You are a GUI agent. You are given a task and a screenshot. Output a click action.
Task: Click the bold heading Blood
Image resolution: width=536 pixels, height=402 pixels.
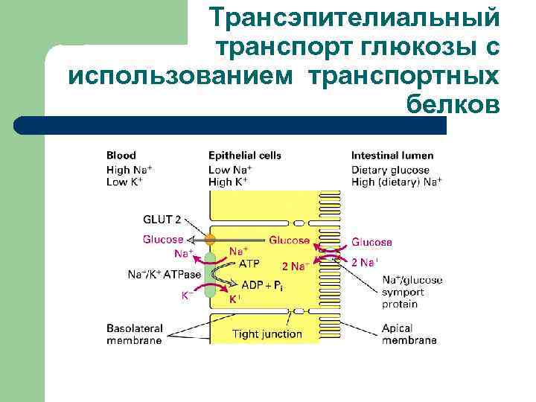[x=121, y=156]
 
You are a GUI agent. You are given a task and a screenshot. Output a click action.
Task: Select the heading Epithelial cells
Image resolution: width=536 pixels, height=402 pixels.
[x=245, y=156]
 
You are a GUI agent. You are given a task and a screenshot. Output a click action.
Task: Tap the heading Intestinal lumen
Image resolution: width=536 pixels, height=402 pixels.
[x=392, y=156]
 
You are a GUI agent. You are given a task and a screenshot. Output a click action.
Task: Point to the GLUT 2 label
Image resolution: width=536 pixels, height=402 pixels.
[x=162, y=220]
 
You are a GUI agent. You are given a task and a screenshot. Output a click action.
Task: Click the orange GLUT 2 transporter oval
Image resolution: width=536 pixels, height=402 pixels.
[x=211, y=240]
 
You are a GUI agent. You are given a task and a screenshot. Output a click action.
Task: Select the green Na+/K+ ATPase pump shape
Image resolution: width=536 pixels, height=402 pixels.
[x=210, y=276]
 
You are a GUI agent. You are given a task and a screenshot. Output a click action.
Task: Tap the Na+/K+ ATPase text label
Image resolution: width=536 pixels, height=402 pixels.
[x=165, y=275]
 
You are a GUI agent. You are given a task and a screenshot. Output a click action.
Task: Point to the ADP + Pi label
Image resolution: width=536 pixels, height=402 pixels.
[x=262, y=285]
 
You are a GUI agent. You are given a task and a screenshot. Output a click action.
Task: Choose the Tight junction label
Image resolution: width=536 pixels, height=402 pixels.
[x=267, y=334]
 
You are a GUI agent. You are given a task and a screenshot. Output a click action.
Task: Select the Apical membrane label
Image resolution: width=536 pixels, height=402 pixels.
[x=409, y=334]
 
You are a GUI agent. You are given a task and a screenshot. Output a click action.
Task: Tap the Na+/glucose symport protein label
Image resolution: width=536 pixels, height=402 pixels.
[x=412, y=292]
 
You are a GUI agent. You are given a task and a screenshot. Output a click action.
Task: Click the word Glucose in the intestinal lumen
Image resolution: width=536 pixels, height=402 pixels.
[x=371, y=242]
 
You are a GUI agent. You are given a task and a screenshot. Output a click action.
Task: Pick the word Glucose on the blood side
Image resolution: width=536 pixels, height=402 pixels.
[x=163, y=240]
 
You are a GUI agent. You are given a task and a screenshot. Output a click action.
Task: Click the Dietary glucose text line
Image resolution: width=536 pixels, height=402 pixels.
[x=391, y=170]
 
